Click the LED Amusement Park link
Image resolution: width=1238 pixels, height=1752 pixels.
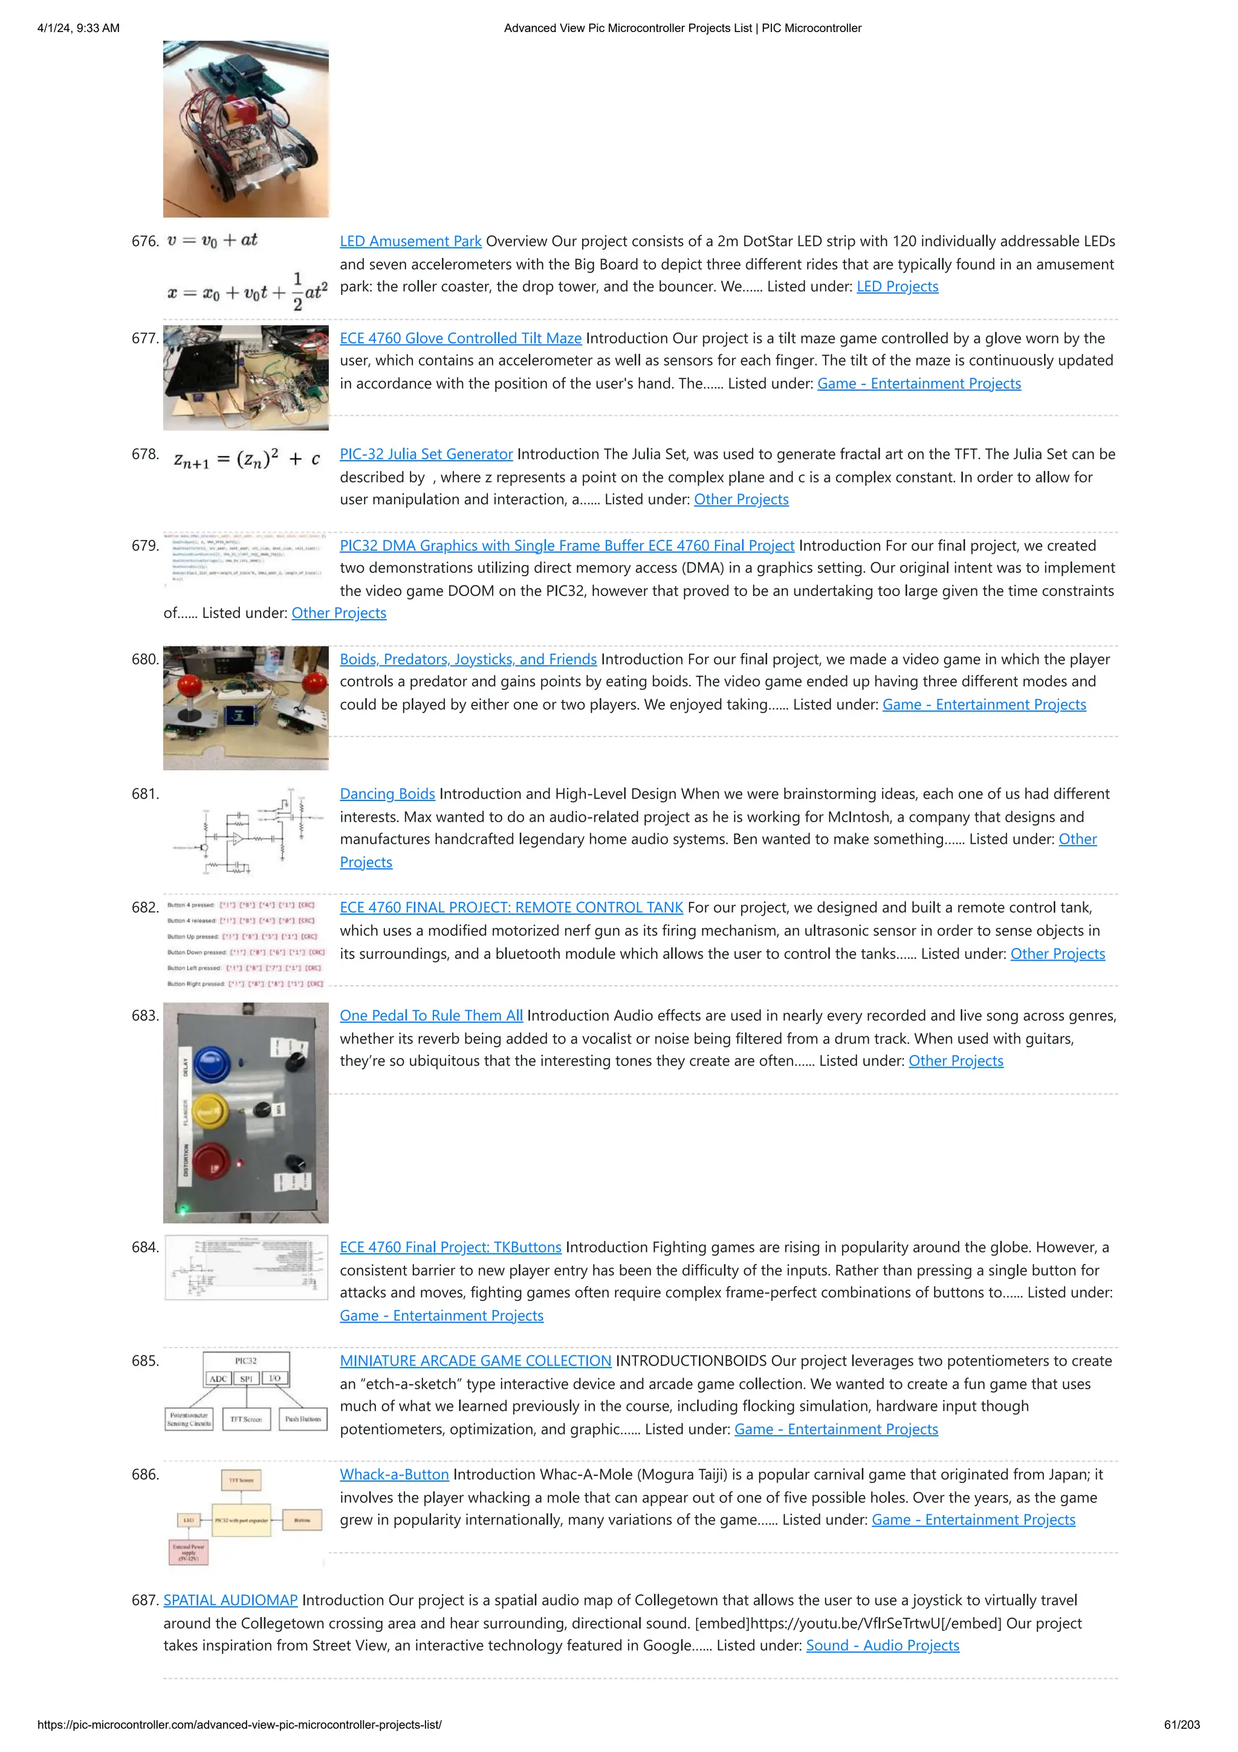point(410,241)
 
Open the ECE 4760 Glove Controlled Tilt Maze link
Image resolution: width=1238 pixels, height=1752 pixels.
point(460,338)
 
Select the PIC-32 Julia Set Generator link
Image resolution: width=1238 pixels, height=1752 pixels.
point(426,454)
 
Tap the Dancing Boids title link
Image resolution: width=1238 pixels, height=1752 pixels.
point(387,794)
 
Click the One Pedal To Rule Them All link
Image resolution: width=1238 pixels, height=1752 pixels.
point(431,1016)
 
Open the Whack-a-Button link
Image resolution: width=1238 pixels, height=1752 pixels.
point(394,1475)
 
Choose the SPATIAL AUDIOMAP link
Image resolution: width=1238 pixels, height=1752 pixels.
point(230,1600)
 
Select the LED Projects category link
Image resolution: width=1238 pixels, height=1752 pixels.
point(897,286)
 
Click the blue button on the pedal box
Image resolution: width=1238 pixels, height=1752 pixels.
point(212,1064)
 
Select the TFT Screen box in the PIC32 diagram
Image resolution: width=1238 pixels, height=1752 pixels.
point(245,1419)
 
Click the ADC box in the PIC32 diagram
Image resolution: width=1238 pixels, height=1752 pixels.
point(218,1378)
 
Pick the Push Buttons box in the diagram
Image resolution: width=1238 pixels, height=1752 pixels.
point(303,1419)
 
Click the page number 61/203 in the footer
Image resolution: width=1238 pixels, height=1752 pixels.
point(1181,1725)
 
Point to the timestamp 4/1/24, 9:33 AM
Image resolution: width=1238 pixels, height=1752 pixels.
point(79,28)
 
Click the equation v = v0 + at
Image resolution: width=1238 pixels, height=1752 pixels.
point(212,241)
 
